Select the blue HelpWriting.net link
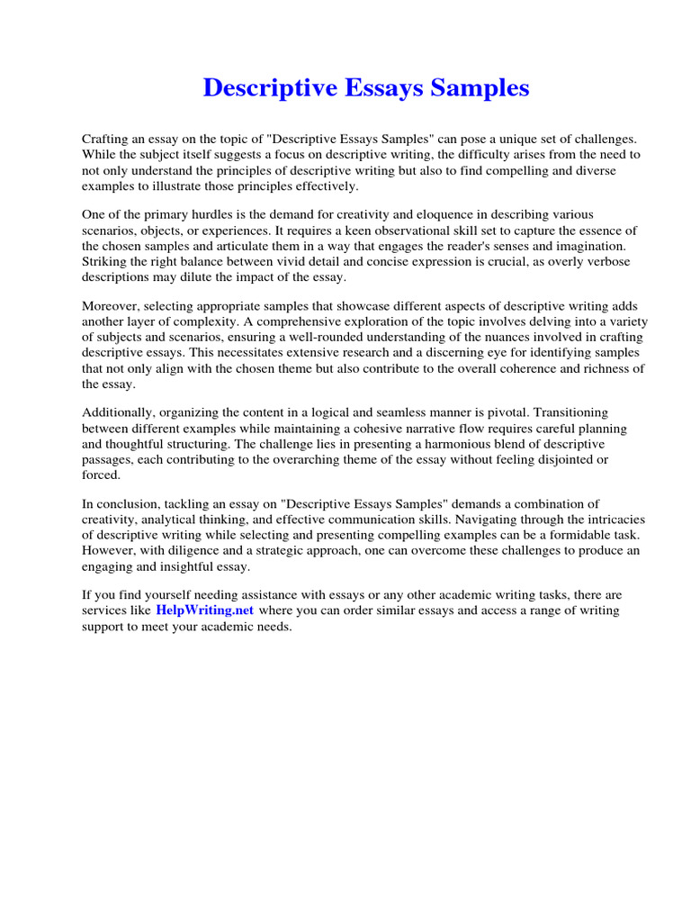205,610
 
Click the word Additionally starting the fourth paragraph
117,413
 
